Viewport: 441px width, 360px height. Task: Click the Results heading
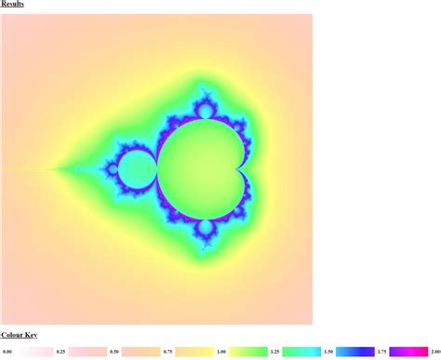click(12, 4)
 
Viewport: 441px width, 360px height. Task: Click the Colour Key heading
click(20, 335)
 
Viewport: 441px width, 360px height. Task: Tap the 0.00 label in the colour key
click(7, 352)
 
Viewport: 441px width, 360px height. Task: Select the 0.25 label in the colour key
click(60, 352)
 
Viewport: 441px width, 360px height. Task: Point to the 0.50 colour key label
click(114, 352)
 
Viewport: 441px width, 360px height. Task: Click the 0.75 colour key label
click(167, 352)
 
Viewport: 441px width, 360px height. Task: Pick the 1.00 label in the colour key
click(221, 352)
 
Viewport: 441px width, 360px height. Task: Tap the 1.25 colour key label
click(274, 352)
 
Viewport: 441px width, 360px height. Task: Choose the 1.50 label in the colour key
click(328, 352)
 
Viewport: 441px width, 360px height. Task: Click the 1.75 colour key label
click(381, 352)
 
